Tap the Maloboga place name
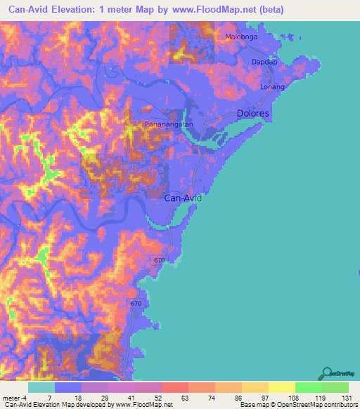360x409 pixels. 242,37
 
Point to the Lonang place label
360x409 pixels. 272,87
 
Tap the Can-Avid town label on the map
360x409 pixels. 183,198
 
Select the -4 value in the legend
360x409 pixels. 25,398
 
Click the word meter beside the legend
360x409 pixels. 11,398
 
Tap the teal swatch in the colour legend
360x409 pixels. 41,387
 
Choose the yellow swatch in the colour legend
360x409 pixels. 281,387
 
